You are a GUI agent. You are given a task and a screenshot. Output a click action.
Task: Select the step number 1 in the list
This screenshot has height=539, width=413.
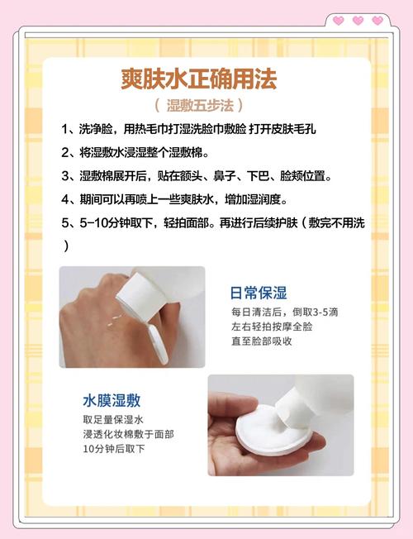(x=66, y=131)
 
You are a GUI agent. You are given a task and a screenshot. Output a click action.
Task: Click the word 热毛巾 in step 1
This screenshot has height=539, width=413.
(x=164, y=131)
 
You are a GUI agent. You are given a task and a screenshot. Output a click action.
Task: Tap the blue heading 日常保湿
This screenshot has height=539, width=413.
(x=258, y=293)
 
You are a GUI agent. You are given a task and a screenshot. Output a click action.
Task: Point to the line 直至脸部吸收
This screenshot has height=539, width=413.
(x=261, y=341)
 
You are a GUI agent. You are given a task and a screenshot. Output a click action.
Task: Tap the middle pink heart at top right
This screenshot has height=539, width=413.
(x=358, y=21)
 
